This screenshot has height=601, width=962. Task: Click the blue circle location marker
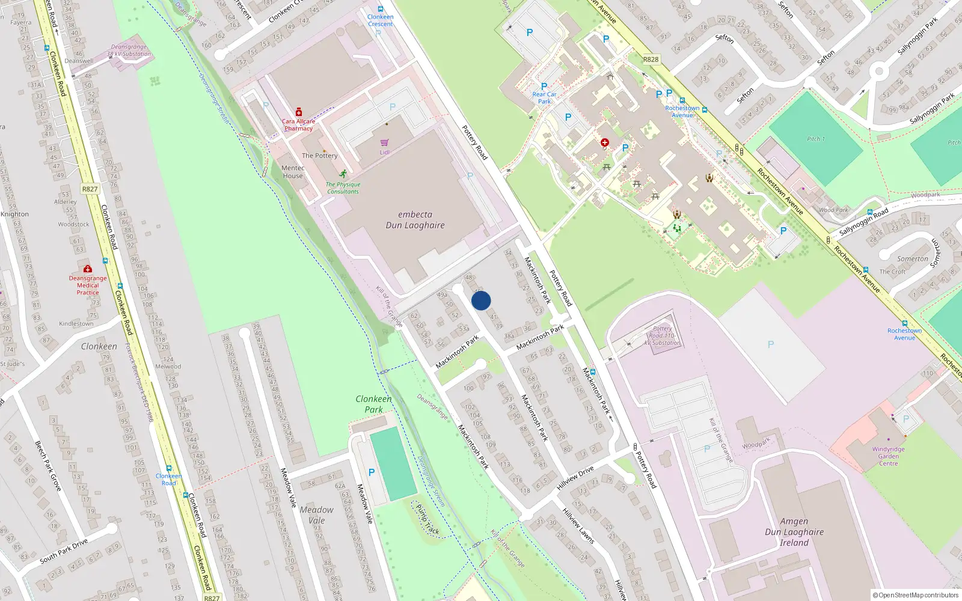point(481,300)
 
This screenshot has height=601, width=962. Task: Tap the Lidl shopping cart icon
point(384,142)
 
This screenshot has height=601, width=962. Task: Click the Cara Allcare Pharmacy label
point(299,125)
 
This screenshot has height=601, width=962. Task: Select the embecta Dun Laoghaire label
point(415,220)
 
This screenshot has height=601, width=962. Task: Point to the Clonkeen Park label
point(373,404)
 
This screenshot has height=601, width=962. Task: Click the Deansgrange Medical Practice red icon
point(88,269)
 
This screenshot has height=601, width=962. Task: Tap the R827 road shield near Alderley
point(90,189)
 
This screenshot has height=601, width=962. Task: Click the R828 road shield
point(651,59)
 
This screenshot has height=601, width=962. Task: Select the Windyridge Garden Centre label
point(888,456)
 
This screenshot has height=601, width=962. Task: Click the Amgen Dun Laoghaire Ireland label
point(794,532)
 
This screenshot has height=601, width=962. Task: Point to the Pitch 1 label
point(816,139)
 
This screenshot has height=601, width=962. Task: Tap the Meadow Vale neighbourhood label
point(316,515)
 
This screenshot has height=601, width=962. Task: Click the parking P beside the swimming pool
point(372,472)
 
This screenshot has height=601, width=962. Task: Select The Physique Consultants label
point(343,188)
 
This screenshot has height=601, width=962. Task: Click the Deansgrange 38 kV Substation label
point(129,50)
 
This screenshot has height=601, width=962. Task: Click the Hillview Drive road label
point(575,478)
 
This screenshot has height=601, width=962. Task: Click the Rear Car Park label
point(544,98)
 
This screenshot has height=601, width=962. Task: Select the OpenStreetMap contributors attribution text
point(916,595)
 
